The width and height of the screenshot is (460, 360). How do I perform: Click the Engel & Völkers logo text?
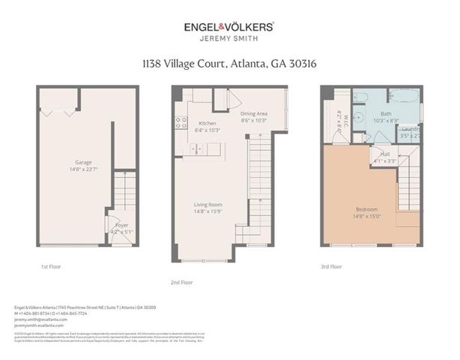[229, 26]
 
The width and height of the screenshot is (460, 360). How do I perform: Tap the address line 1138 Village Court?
[229, 64]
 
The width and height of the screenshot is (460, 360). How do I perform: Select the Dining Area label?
[254, 113]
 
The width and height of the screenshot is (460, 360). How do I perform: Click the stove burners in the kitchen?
[180, 123]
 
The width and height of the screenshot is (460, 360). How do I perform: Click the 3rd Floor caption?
[331, 266]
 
